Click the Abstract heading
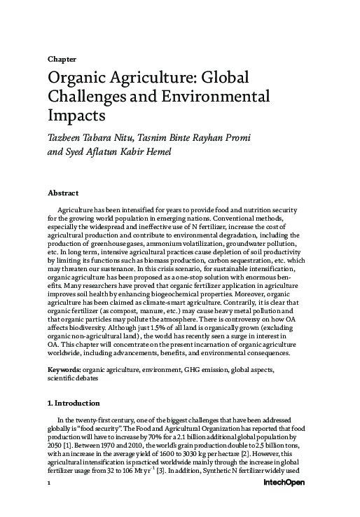coord(62,192)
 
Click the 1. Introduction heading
coord(73,404)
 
